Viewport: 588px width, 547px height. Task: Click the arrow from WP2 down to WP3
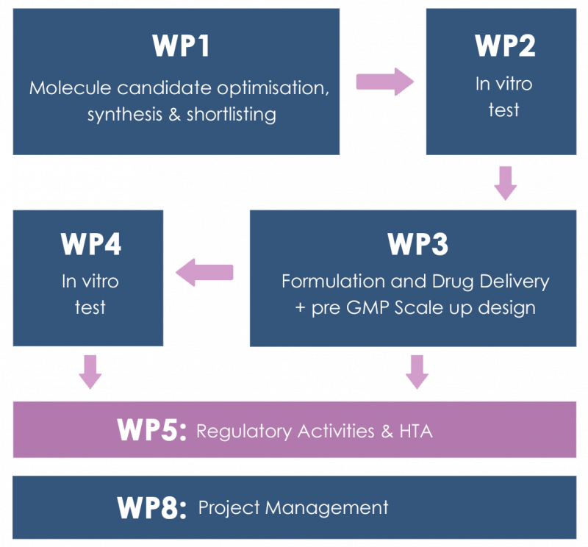505,183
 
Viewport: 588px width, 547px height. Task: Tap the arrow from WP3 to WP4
205,273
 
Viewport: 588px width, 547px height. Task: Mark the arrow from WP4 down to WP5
90,371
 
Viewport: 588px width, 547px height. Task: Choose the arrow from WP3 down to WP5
417,371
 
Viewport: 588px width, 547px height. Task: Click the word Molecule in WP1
67,89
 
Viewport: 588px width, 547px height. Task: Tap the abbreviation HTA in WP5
416,431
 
